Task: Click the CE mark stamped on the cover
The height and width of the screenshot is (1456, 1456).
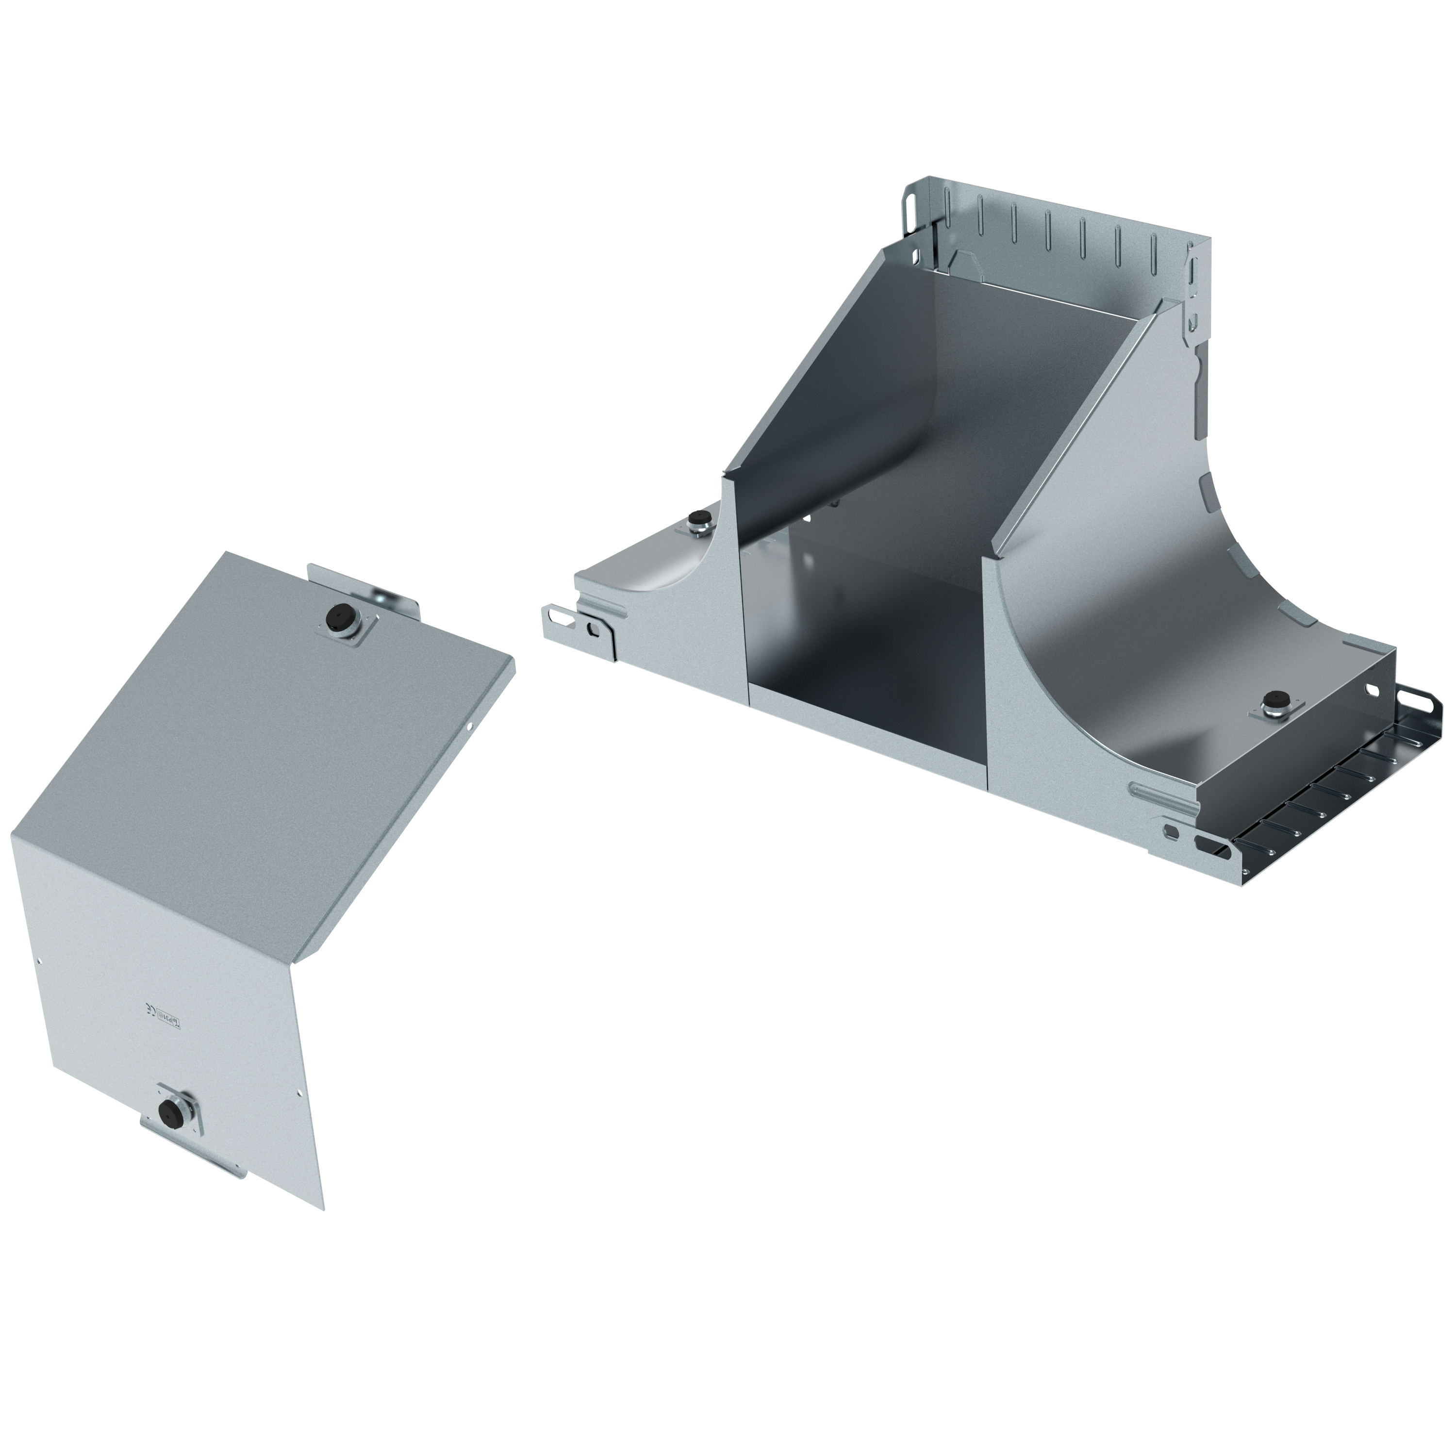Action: (x=149, y=1010)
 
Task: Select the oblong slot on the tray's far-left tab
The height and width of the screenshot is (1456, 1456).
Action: (x=559, y=616)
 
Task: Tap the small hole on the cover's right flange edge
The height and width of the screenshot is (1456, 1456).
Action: (x=470, y=727)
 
